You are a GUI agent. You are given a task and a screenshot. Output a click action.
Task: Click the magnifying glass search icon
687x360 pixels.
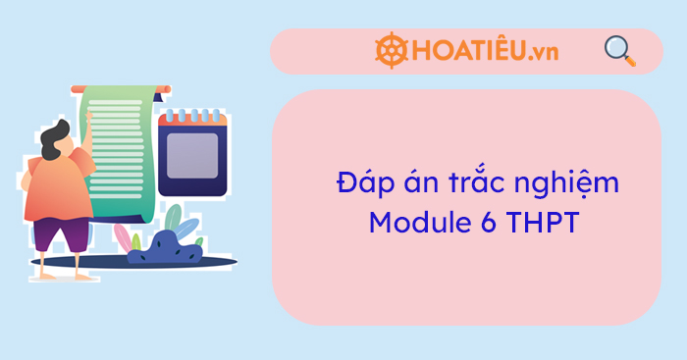(618, 49)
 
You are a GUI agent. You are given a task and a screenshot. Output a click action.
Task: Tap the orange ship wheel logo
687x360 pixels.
(392, 51)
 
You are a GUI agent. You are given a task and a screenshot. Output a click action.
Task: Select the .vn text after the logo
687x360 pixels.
(541, 52)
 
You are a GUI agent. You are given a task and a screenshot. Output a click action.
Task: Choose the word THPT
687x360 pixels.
(543, 222)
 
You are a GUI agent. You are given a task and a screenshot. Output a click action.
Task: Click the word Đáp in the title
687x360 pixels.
(357, 184)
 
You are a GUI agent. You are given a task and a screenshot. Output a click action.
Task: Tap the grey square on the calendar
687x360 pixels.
(191, 155)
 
